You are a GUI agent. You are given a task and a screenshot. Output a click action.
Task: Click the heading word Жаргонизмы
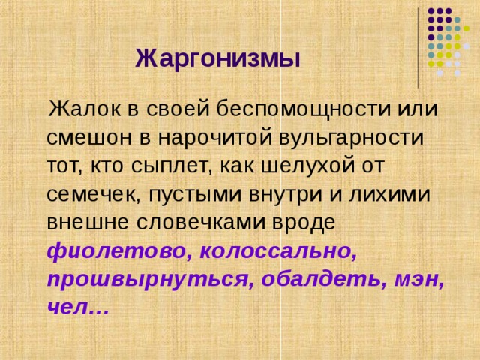217,58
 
